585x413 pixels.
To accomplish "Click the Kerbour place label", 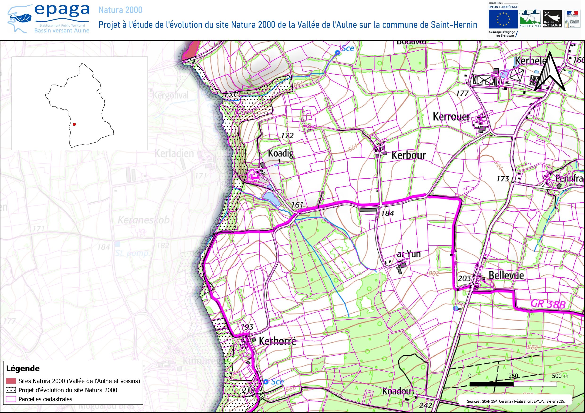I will (x=408, y=155).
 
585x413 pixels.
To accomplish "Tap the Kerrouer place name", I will (x=451, y=117).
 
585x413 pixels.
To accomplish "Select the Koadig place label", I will (x=280, y=153).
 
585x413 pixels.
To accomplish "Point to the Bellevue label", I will (x=506, y=275).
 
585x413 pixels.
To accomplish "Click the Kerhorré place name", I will (x=277, y=341).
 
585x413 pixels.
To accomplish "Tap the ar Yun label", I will (x=409, y=254).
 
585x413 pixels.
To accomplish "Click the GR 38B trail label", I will (x=548, y=304).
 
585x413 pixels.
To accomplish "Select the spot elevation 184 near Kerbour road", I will (x=387, y=213).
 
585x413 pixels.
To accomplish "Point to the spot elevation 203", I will (x=464, y=278).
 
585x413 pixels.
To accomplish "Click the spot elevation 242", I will (x=425, y=405).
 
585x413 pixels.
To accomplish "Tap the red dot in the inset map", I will (x=74, y=124).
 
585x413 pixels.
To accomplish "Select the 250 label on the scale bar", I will (x=513, y=376).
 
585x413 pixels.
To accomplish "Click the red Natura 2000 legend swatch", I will (x=11, y=381).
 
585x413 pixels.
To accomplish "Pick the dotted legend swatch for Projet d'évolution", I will (x=11, y=390).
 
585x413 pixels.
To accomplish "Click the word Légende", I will (x=23, y=369).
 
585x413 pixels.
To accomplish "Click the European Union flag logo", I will (x=503, y=19).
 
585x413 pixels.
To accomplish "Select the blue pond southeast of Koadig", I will (x=271, y=198).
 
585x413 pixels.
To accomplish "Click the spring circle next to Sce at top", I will (x=338, y=53).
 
